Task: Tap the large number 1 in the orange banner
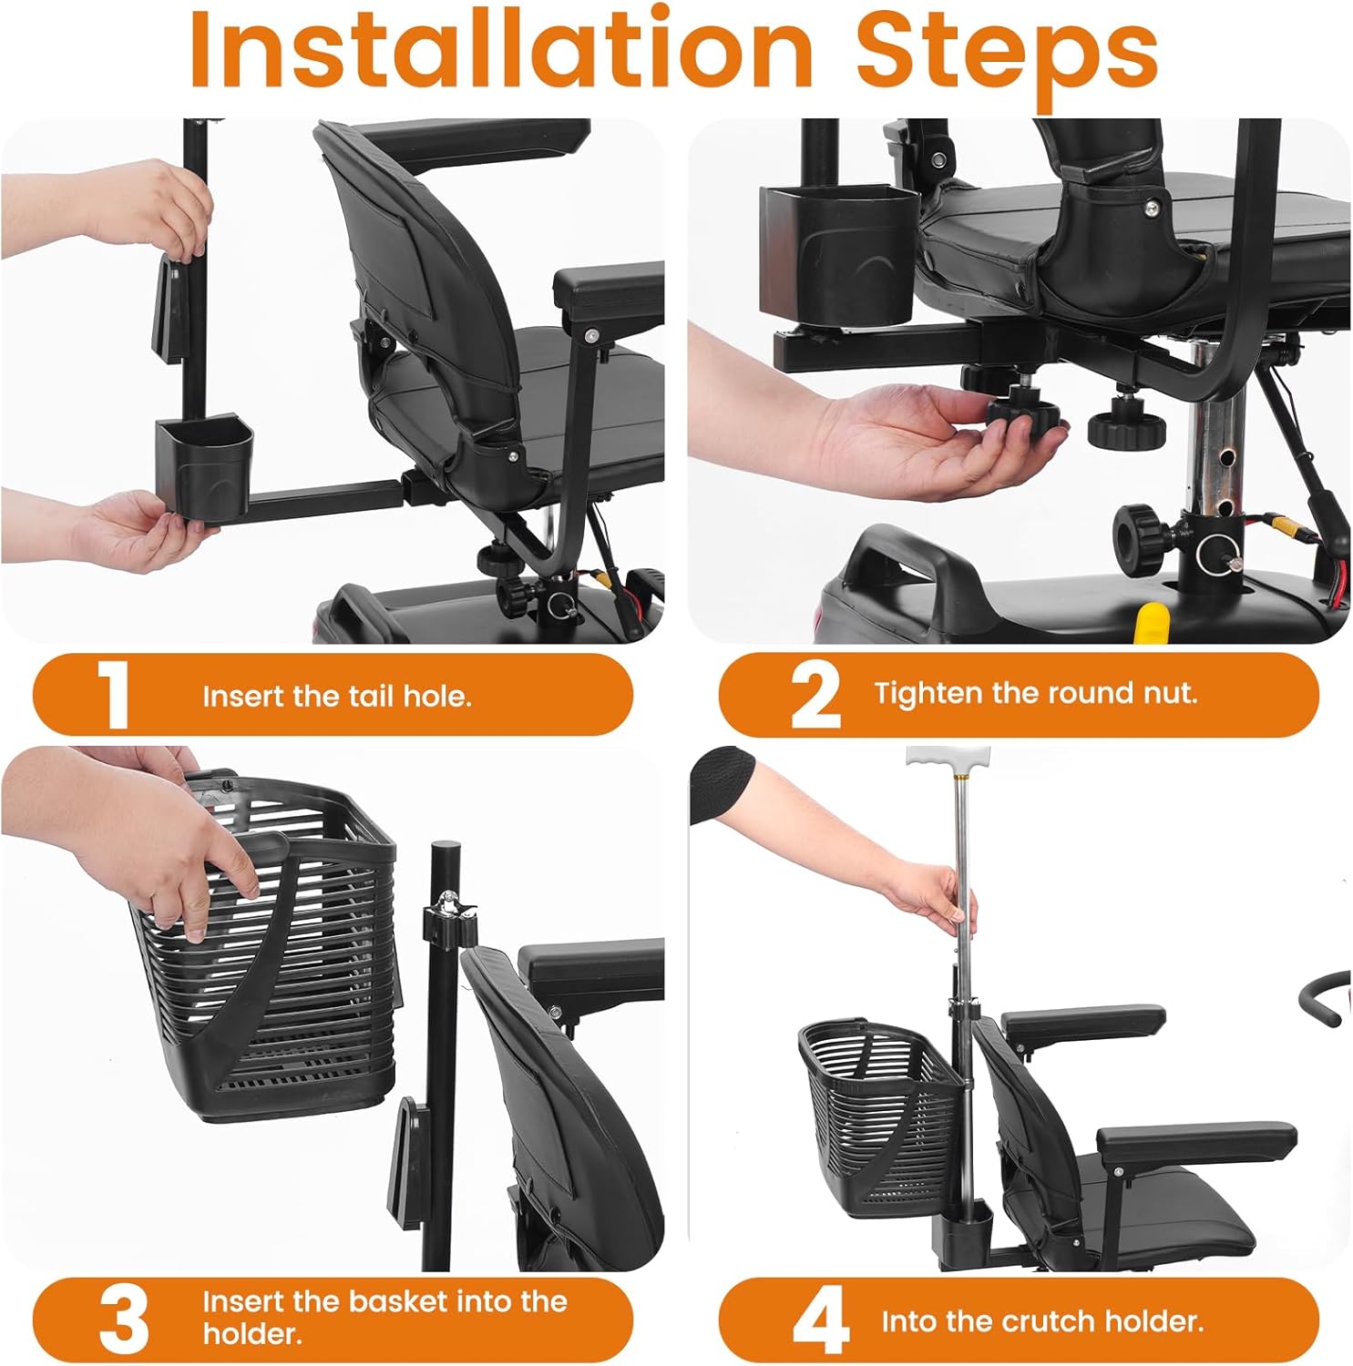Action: click(x=113, y=695)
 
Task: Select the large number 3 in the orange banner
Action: click(x=123, y=1320)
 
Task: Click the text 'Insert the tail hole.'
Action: click(x=336, y=697)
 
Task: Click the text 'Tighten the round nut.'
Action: click(x=1036, y=693)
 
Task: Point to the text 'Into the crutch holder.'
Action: click(x=1041, y=1321)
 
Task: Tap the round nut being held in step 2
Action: click(x=1022, y=415)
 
